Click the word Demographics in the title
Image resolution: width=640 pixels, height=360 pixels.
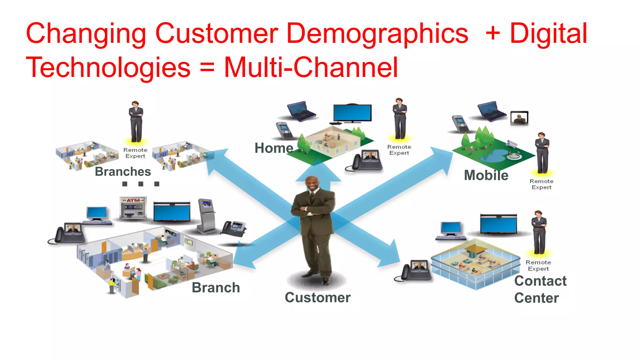click(377, 34)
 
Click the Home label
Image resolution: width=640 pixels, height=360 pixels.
click(274, 148)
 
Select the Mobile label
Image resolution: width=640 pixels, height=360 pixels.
click(486, 175)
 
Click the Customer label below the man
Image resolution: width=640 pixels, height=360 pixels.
click(317, 297)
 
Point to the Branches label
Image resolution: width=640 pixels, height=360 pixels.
click(123, 172)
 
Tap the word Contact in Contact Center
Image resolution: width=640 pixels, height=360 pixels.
click(540, 281)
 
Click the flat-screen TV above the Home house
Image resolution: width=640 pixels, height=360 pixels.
click(352, 113)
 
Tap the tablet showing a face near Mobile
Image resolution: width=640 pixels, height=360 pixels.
click(519, 118)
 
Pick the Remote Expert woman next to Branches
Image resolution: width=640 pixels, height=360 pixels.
click(136, 122)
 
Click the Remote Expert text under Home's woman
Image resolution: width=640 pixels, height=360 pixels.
click(399, 150)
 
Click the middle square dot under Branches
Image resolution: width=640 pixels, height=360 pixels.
click(141, 184)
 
